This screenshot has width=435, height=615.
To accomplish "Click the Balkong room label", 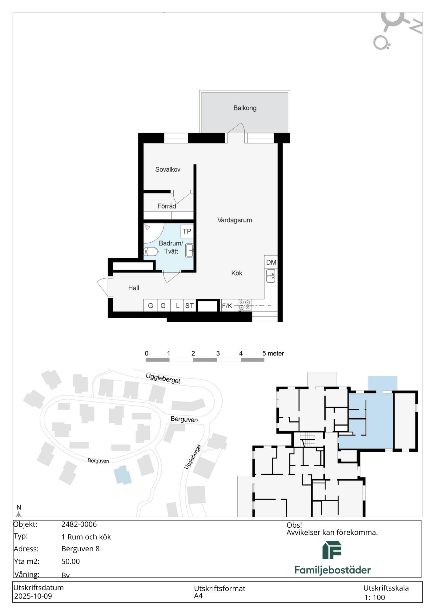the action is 245,108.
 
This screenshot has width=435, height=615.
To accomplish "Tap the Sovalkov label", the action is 168,169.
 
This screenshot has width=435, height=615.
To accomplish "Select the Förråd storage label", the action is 167,206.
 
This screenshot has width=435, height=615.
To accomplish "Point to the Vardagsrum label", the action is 235,220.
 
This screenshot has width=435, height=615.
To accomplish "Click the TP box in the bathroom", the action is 187,231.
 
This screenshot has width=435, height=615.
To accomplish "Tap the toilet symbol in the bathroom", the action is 151,252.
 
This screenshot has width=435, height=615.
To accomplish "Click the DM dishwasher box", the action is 271,262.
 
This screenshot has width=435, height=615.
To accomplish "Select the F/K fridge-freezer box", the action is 227,306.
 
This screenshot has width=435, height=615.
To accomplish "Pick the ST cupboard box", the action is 189,306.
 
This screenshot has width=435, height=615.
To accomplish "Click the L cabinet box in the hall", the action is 177,306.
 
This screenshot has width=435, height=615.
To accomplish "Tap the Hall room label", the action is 134,288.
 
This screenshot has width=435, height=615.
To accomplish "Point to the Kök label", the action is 237,273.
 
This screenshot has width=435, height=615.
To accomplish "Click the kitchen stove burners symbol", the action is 245,305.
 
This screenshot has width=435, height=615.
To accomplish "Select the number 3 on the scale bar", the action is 218,353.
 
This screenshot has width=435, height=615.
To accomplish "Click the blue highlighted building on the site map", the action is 123,475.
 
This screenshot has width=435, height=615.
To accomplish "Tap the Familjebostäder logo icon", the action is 332,550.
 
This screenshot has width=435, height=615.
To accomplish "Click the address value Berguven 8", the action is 80,549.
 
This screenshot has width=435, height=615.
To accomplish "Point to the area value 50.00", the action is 70,561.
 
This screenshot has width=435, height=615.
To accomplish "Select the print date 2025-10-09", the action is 33,596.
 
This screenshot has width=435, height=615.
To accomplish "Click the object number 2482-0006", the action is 79,524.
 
